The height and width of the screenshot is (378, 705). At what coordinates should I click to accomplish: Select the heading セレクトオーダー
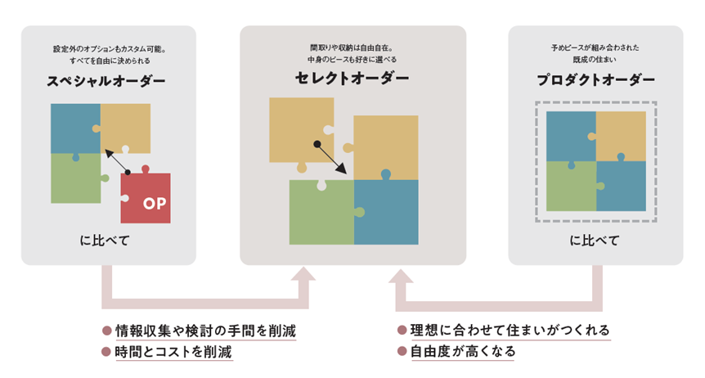352,79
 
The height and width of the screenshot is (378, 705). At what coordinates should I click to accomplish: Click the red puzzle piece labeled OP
146,199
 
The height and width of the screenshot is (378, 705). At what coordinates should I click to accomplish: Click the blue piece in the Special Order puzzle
74,127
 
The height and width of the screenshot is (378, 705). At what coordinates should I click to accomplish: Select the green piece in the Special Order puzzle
74,178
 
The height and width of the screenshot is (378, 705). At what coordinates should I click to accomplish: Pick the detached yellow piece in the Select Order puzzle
300,128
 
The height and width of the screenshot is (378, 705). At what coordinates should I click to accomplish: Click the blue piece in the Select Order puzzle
386,213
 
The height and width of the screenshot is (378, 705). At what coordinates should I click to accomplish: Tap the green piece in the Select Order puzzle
321,214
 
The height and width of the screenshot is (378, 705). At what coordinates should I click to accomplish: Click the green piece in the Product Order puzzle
570,187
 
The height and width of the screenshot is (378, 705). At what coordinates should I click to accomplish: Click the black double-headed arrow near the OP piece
118,162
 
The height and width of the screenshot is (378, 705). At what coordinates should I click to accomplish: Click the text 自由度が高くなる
462,352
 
